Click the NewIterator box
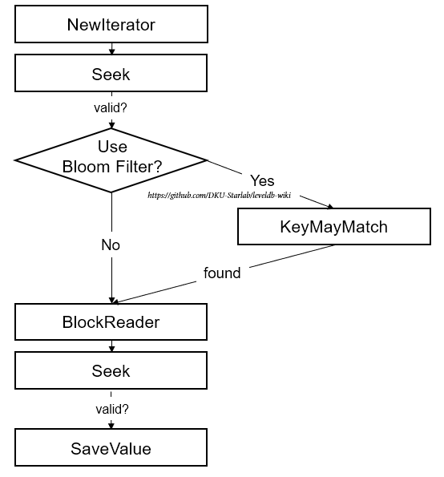pyautogui.click(x=111, y=24)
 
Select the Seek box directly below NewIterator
pyautogui.click(x=111, y=73)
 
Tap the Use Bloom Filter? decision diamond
pyautogui.click(x=111, y=160)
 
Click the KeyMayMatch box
pyautogui.click(x=334, y=226)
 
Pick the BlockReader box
pyautogui.click(x=111, y=321)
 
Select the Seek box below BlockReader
pyautogui.click(x=111, y=370)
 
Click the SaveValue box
pyautogui.click(x=111, y=447)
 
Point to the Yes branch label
pyautogui.click(x=262, y=180)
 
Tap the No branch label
pyautogui.click(x=111, y=245)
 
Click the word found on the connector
pyautogui.click(x=222, y=273)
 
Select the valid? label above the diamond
pyautogui.click(x=111, y=107)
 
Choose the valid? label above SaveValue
pyautogui.click(x=112, y=409)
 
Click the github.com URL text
pyautogui.click(x=220, y=195)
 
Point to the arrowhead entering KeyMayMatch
pyautogui.click(x=330, y=207)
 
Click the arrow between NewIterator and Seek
pyautogui.click(x=111, y=49)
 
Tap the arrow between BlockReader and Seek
pyautogui.click(x=111, y=346)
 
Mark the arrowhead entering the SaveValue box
pyautogui.click(x=111, y=425)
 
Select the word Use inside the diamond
pyautogui.click(x=112, y=147)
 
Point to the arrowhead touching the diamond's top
pyautogui.click(x=111, y=125)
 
